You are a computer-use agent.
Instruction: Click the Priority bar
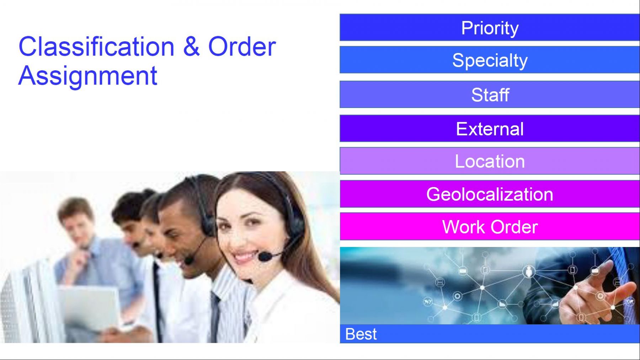490,27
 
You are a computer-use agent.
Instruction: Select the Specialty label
490,60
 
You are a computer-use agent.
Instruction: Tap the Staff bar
490,95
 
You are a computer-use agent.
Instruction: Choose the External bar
490,128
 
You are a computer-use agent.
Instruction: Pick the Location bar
490,161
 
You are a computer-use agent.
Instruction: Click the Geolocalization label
490,194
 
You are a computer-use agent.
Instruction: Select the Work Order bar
490,226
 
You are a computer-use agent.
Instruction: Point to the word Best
361,334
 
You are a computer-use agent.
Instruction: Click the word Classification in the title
96,46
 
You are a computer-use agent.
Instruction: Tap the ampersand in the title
191,46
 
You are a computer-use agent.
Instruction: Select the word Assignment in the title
88,76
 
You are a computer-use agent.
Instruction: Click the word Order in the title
242,46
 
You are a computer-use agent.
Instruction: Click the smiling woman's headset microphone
265,256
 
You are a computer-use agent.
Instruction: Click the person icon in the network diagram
529,272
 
